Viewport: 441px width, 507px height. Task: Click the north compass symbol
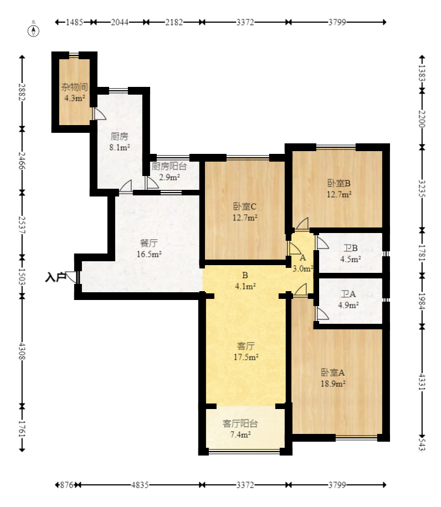click(33, 30)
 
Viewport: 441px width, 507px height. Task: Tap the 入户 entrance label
click(55, 277)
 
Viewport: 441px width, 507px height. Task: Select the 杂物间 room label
click(75, 87)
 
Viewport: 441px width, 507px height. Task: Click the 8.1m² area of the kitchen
click(120, 147)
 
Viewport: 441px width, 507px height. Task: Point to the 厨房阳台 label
click(169, 166)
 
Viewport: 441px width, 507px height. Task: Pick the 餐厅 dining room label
click(149, 243)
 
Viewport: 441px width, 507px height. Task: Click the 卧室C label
click(245, 206)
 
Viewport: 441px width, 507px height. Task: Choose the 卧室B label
click(339, 183)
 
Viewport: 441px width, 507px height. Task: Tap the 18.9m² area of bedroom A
click(332, 384)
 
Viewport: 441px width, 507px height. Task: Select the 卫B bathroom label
click(350, 248)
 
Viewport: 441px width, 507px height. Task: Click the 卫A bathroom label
click(348, 294)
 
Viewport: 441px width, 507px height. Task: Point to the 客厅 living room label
click(245, 346)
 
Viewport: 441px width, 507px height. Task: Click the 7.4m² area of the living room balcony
click(240, 435)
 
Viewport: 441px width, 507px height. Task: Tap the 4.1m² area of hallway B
click(245, 286)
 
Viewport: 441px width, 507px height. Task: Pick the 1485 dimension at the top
click(74, 22)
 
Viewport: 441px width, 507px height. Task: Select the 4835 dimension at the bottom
click(140, 485)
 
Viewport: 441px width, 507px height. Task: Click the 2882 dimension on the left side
click(22, 92)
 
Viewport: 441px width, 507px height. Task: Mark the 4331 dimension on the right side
click(422, 382)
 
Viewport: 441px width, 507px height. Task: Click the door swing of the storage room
click(99, 114)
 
